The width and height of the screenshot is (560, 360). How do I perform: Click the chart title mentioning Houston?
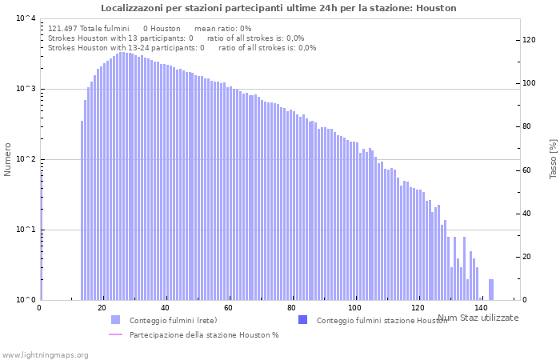[x=278, y=8]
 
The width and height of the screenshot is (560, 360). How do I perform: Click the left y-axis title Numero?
[x=8, y=160]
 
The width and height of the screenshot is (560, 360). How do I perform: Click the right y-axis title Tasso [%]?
[x=552, y=158]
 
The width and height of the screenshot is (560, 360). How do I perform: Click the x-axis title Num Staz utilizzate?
[x=478, y=318]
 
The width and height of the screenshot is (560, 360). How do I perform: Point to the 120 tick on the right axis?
[x=529, y=40]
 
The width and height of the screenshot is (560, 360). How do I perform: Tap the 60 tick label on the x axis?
[x=228, y=308]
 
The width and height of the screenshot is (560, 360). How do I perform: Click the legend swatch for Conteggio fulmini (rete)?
[x=115, y=320]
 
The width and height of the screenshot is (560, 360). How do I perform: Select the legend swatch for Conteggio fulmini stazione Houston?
[x=302, y=320]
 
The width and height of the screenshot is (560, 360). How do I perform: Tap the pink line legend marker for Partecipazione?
[x=115, y=334]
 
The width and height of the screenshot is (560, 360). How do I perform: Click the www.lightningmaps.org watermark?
[x=44, y=354]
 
